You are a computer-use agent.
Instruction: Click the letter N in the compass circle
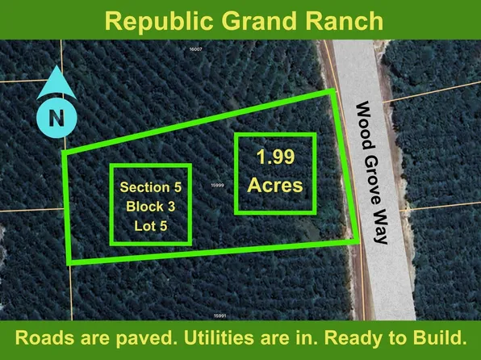tap(56, 118)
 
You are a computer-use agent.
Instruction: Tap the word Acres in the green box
tap(274, 185)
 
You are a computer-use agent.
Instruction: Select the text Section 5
tap(151, 186)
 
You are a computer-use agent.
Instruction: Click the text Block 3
tap(151, 206)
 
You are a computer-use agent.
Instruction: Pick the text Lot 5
tap(151, 225)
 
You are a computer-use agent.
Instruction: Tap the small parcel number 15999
tap(216, 185)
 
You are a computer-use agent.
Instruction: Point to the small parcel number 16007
tap(194, 50)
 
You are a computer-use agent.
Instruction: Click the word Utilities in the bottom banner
tap(212, 335)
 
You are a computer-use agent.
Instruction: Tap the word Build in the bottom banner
tap(439, 335)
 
